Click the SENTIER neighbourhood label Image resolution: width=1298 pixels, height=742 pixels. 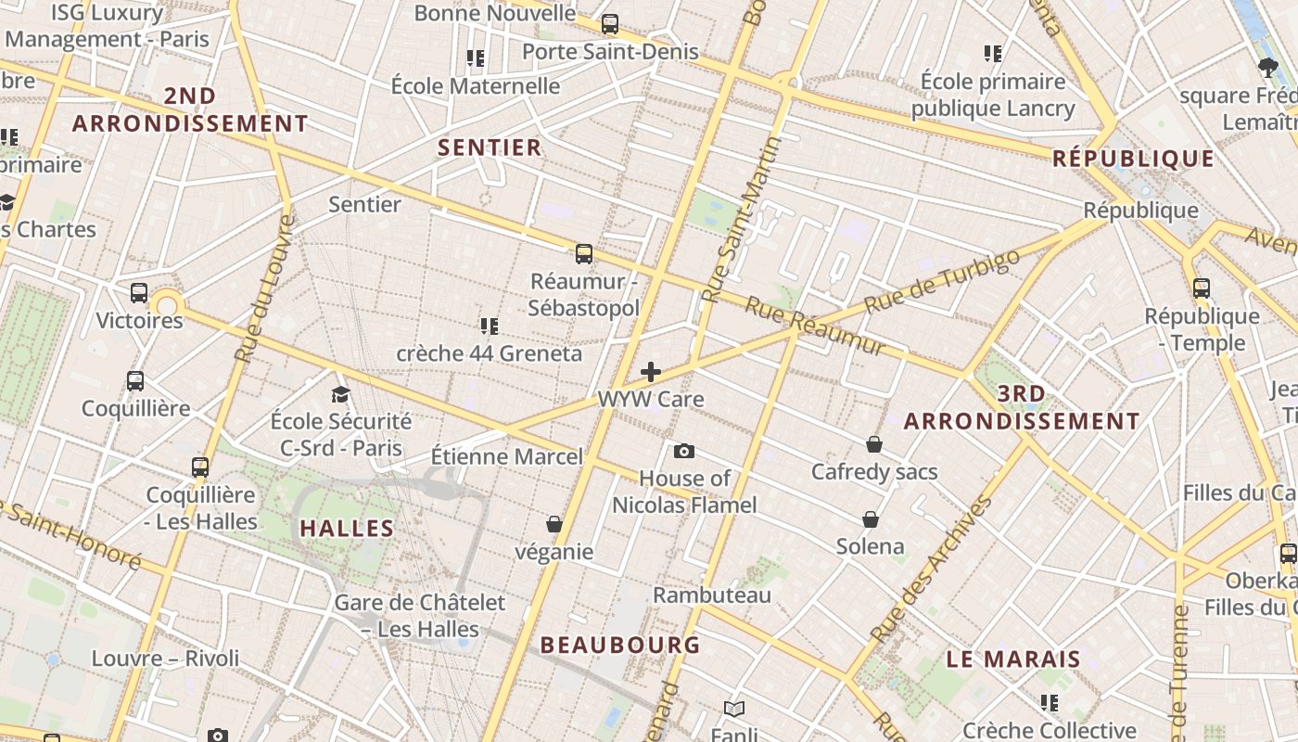[x=490, y=147]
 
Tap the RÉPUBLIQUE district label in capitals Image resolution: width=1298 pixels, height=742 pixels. [x=1133, y=159]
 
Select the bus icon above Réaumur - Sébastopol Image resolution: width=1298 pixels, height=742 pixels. [x=584, y=253]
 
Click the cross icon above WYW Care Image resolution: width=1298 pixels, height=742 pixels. [x=651, y=372]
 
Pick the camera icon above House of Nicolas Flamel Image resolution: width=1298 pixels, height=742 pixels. [x=684, y=451]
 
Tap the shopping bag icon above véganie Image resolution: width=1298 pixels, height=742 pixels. [x=554, y=524]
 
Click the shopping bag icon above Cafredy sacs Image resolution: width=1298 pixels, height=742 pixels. [x=873, y=444]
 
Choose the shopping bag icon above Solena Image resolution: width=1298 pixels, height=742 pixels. [x=871, y=518]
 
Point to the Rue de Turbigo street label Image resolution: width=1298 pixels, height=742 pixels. [x=941, y=281]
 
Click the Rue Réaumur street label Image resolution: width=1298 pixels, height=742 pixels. [x=815, y=326]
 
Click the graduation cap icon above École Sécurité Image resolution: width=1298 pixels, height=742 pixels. [x=341, y=394]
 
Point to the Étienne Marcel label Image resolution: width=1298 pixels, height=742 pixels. [x=507, y=456]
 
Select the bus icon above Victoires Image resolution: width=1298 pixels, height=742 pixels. [x=139, y=293]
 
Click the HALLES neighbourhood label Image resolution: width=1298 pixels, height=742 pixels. [x=347, y=529]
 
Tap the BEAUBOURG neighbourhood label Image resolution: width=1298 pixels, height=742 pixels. [x=620, y=645]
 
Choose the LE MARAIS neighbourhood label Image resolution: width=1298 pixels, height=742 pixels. [x=1013, y=659]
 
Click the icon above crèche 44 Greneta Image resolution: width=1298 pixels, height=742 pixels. [x=490, y=326]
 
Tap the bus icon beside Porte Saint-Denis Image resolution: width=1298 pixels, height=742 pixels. [x=610, y=24]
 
